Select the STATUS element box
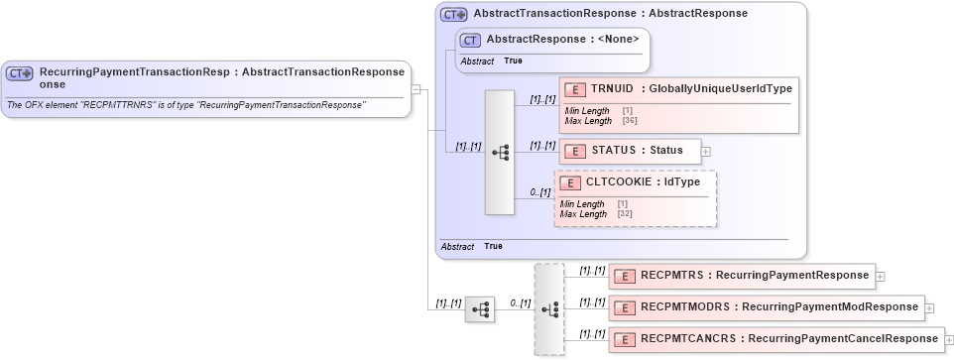coord(630,151)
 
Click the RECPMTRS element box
coord(740,275)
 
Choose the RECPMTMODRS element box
coord(766,307)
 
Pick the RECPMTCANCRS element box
coord(775,339)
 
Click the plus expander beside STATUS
coord(706,152)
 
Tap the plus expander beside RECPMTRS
coord(880,276)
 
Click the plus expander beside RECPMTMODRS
coord(929,308)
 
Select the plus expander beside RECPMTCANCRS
coord(949,340)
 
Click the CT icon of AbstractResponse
coord(471,40)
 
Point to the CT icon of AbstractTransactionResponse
coord(454,15)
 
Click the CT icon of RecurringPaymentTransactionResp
coord(20,73)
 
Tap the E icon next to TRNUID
coord(574,90)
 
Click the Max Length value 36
coord(630,120)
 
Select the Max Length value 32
coord(625,213)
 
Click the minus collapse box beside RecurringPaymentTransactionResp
coord(417,89)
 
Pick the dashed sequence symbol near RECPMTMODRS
coord(548,309)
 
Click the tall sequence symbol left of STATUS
coord(500,152)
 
